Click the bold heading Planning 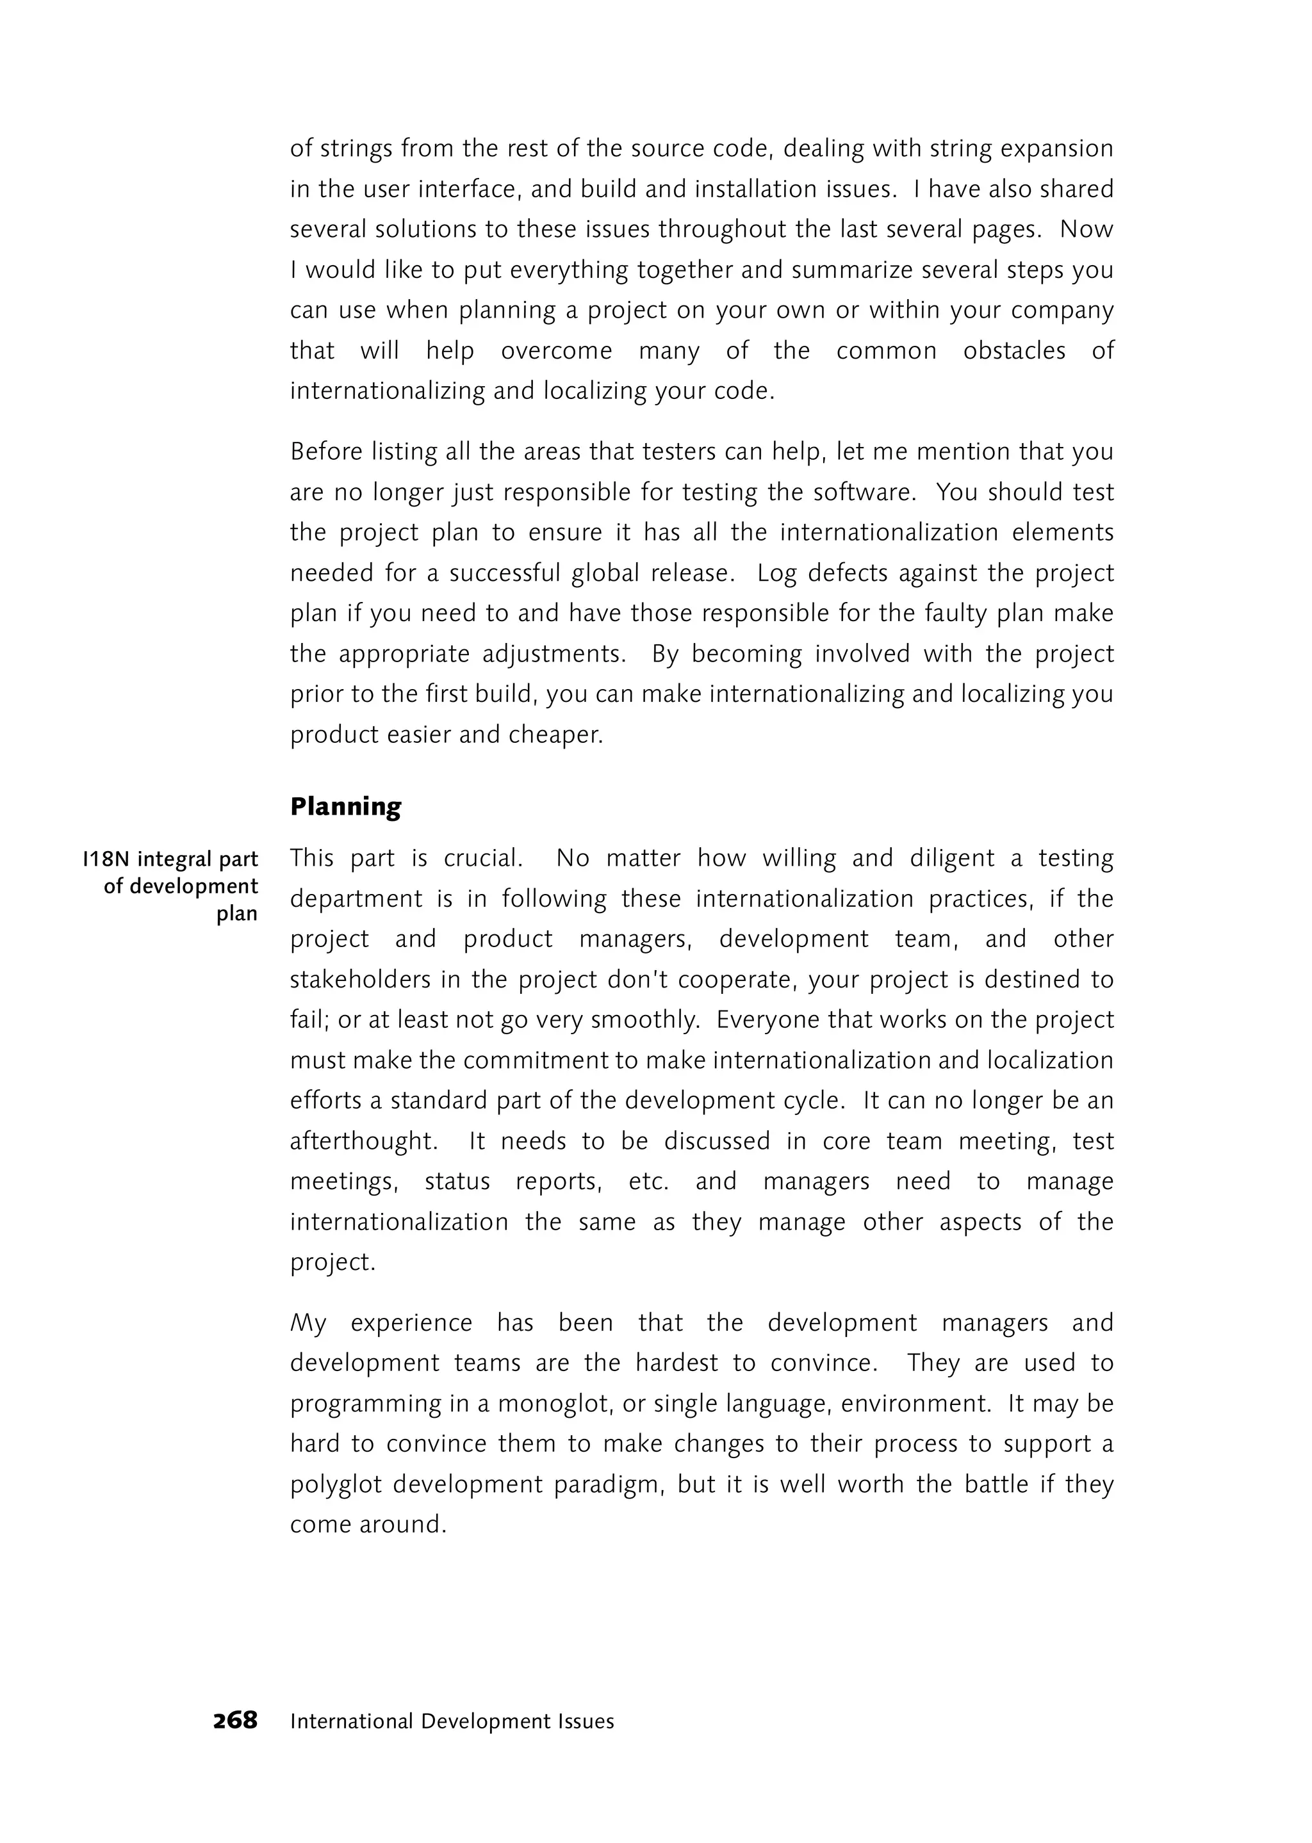[x=346, y=807]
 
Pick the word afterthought [x=363, y=1141]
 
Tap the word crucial [x=482, y=857]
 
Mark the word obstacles [x=1014, y=350]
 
